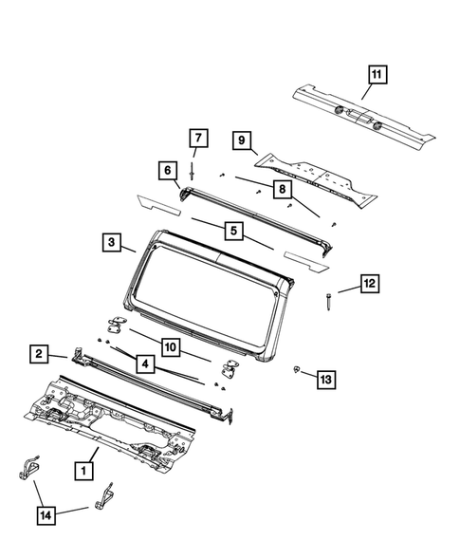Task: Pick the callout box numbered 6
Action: (167, 171)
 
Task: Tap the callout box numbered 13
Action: (325, 380)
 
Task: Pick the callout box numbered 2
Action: (40, 355)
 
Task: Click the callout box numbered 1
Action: (84, 469)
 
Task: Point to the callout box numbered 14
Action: (46, 515)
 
